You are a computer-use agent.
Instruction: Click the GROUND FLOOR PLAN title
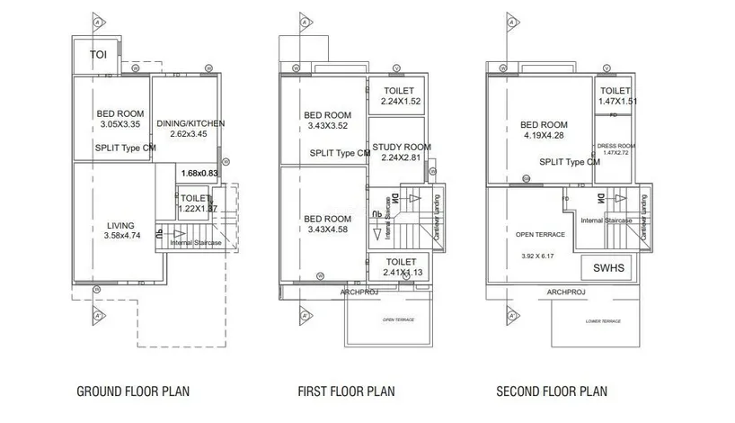click(133, 391)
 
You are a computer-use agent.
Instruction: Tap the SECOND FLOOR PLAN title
click(551, 391)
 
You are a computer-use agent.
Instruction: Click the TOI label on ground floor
click(98, 55)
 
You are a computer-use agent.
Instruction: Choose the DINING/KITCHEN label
click(190, 123)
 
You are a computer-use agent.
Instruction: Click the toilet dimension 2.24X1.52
click(399, 102)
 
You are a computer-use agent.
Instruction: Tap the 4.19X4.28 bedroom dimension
click(544, 136)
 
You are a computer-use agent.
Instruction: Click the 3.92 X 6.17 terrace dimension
click(539, 256)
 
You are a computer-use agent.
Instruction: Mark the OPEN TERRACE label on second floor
click(539, 234)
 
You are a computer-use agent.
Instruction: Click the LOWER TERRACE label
click(603, 320)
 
